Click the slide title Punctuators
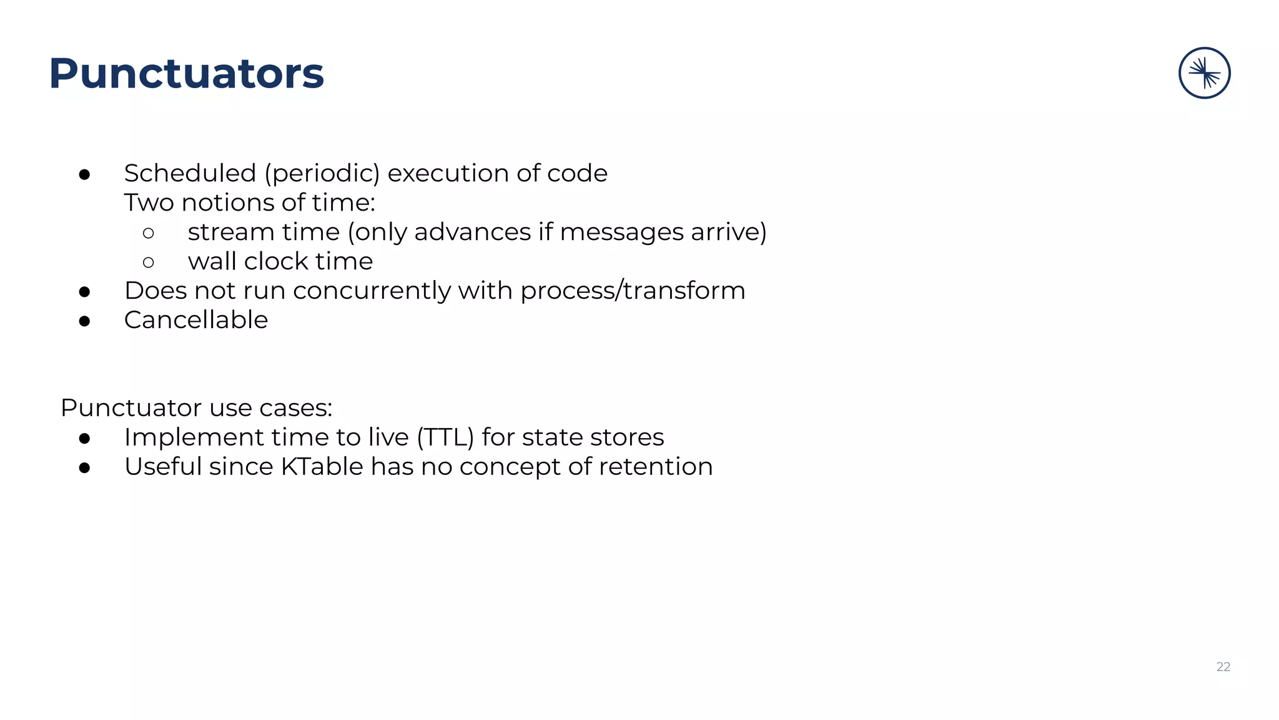(x=186, y=74)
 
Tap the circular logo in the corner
(x=1204, y=73)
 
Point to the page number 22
(x=1223, y=667)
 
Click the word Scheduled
(x=190, y=173)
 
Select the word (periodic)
(x=322, y=174)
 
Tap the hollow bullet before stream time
(x=148, y=233)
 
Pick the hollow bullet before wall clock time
(x=148, y=262)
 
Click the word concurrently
(x=372, y=291)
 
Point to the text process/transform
(x=633, y=291)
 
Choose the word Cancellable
(x=196, y=320)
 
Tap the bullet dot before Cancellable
(x=85, y=321)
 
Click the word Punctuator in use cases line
(x=131, y=408)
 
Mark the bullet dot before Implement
(x=85, y=439)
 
